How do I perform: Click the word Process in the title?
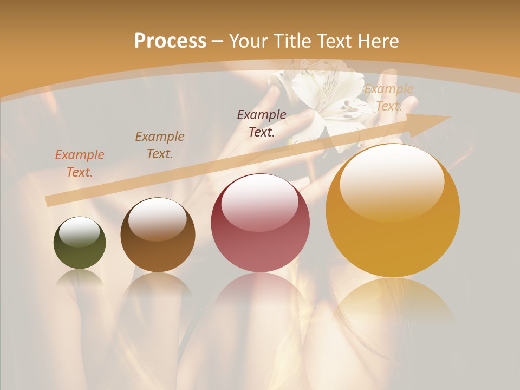click(x=170, y=41)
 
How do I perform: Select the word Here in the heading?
click(x=379, y=41)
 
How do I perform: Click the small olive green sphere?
click(x=80, y=243)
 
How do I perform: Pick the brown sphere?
click(x=158, y=235)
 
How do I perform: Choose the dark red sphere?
click(x=260, y=223)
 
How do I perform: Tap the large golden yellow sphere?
click(x=393, y=211)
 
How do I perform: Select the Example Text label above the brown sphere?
click(x=159, y=145)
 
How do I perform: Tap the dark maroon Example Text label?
click(x=262, y=123)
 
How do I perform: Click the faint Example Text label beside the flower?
click(x=388, y=97)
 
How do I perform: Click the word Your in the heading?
click(x=249, y=41)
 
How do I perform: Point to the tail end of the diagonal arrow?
click(x=49, y=201)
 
